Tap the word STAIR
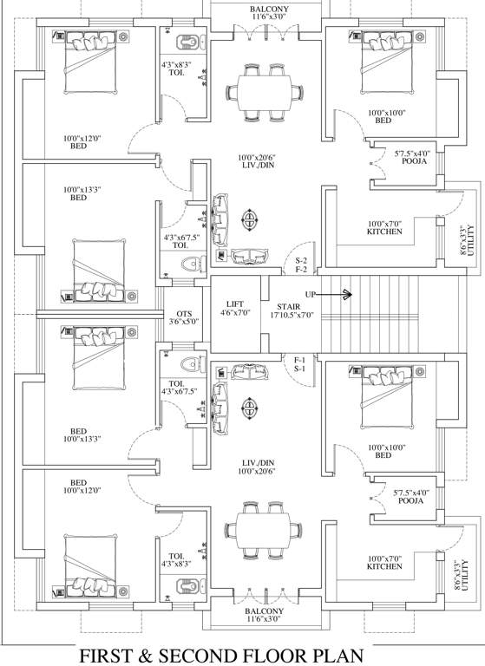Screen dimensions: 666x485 point(289,307)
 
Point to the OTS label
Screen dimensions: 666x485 point(183,313)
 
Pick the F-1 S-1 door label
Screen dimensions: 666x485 point(301,364)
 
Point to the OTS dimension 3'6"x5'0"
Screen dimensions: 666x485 point(183,322)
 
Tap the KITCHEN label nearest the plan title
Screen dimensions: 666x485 point(383,566)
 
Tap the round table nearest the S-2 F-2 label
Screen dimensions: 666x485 point(250,219)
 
